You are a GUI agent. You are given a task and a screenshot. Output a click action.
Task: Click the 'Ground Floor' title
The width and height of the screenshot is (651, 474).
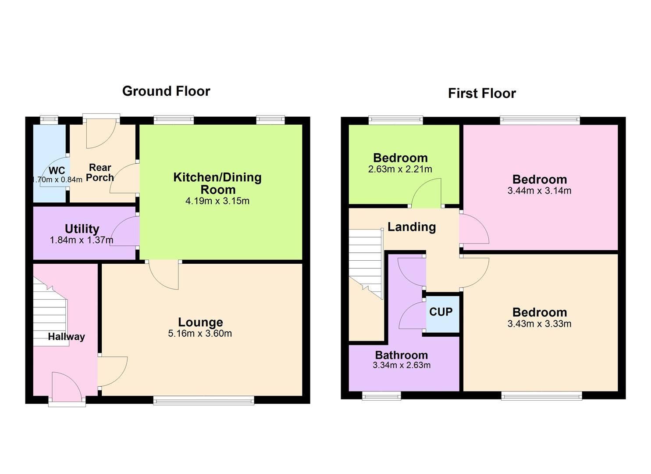coord(166,91)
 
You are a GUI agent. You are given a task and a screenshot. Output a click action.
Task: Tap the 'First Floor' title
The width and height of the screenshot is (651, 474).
coord(482,93)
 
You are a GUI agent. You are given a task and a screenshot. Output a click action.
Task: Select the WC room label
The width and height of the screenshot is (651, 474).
coord(57,171)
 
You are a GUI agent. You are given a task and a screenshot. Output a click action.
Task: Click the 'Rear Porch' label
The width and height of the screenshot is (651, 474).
coord(100,172)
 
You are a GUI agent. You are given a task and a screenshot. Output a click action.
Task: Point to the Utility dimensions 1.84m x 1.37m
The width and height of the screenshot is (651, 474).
coord(82,240)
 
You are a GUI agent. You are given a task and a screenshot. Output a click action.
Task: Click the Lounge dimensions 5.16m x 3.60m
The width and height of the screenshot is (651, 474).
coord(200,334)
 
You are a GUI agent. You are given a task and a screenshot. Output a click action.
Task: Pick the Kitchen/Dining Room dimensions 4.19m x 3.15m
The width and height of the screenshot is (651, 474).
coord(217,201)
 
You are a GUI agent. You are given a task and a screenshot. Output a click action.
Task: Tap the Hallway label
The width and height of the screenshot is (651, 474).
coord(66,337)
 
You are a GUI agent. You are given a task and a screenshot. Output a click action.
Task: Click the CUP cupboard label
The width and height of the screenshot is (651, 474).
coord(441,312)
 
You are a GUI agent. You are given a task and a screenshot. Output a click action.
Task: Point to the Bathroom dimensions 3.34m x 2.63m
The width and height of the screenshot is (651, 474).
coord(402,365)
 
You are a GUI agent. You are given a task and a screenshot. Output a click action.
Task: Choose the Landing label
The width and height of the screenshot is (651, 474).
coord(412,227)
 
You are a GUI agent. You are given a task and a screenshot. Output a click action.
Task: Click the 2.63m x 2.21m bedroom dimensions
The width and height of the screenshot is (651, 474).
coord(400,169)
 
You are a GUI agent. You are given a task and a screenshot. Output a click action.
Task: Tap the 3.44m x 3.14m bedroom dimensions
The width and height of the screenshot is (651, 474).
coord(539,191)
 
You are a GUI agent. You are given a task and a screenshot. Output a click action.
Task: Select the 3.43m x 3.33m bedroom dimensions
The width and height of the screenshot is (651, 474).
coord(539,324)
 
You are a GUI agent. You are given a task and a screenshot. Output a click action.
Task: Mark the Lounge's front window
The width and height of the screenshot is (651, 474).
coord(203,399)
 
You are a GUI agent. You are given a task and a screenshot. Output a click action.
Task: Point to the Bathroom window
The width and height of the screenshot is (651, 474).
coord(381,396)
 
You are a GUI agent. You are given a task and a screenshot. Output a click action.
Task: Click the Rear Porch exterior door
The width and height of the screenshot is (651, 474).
coord(101,132)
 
